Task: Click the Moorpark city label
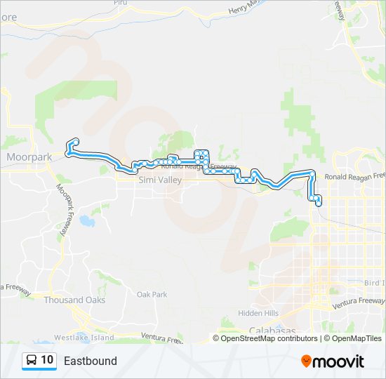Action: tap(29, 157)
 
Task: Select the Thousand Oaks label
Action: tap(74, 300)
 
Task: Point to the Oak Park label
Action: tap(152, 295)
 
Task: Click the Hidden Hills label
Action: tap(258, 313)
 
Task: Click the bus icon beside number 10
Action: tap(32, 360)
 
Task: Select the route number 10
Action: tap(47, 360)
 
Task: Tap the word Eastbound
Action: tap(90, 361)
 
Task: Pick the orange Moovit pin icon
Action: tap(306, 361)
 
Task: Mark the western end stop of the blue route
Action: tap(74, 142)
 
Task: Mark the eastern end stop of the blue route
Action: tap(319, 204)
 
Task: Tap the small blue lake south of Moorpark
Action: tap(86, 222)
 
